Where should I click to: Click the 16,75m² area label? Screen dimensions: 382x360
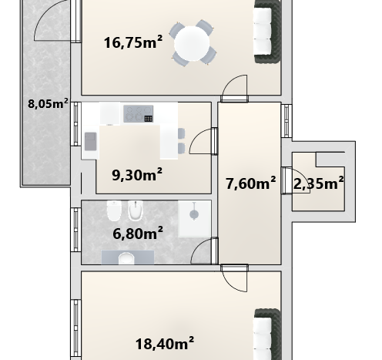click(133, 42)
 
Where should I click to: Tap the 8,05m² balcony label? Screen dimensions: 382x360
click(48, 104)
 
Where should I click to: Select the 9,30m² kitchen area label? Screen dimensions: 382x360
click(137, 175)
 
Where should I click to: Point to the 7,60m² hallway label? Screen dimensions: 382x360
click(251, 183)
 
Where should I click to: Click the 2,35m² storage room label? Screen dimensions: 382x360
click(318, 183)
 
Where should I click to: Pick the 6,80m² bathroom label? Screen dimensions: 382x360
click(138, 234)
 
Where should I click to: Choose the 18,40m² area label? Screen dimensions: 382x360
click(165, 344)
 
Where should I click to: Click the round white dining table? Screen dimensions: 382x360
click(192, 43)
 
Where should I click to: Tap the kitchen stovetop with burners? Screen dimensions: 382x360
click(139, 113)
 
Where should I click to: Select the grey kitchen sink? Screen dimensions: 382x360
click(90, 141)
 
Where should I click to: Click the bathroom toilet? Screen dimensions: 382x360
click(113, 210)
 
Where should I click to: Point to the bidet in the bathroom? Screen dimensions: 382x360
click(136, 210)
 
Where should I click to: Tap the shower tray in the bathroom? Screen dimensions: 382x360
click(195, 219)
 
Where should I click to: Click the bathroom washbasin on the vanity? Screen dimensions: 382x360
click(126, 258)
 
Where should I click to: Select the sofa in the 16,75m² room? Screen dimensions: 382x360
click(267, 32)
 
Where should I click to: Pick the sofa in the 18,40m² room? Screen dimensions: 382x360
click(267, 335)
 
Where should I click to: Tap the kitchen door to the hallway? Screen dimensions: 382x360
click(203, 141)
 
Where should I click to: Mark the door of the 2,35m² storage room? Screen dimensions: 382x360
click(296, 180)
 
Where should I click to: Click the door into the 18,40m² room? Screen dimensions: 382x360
click(235, 278)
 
